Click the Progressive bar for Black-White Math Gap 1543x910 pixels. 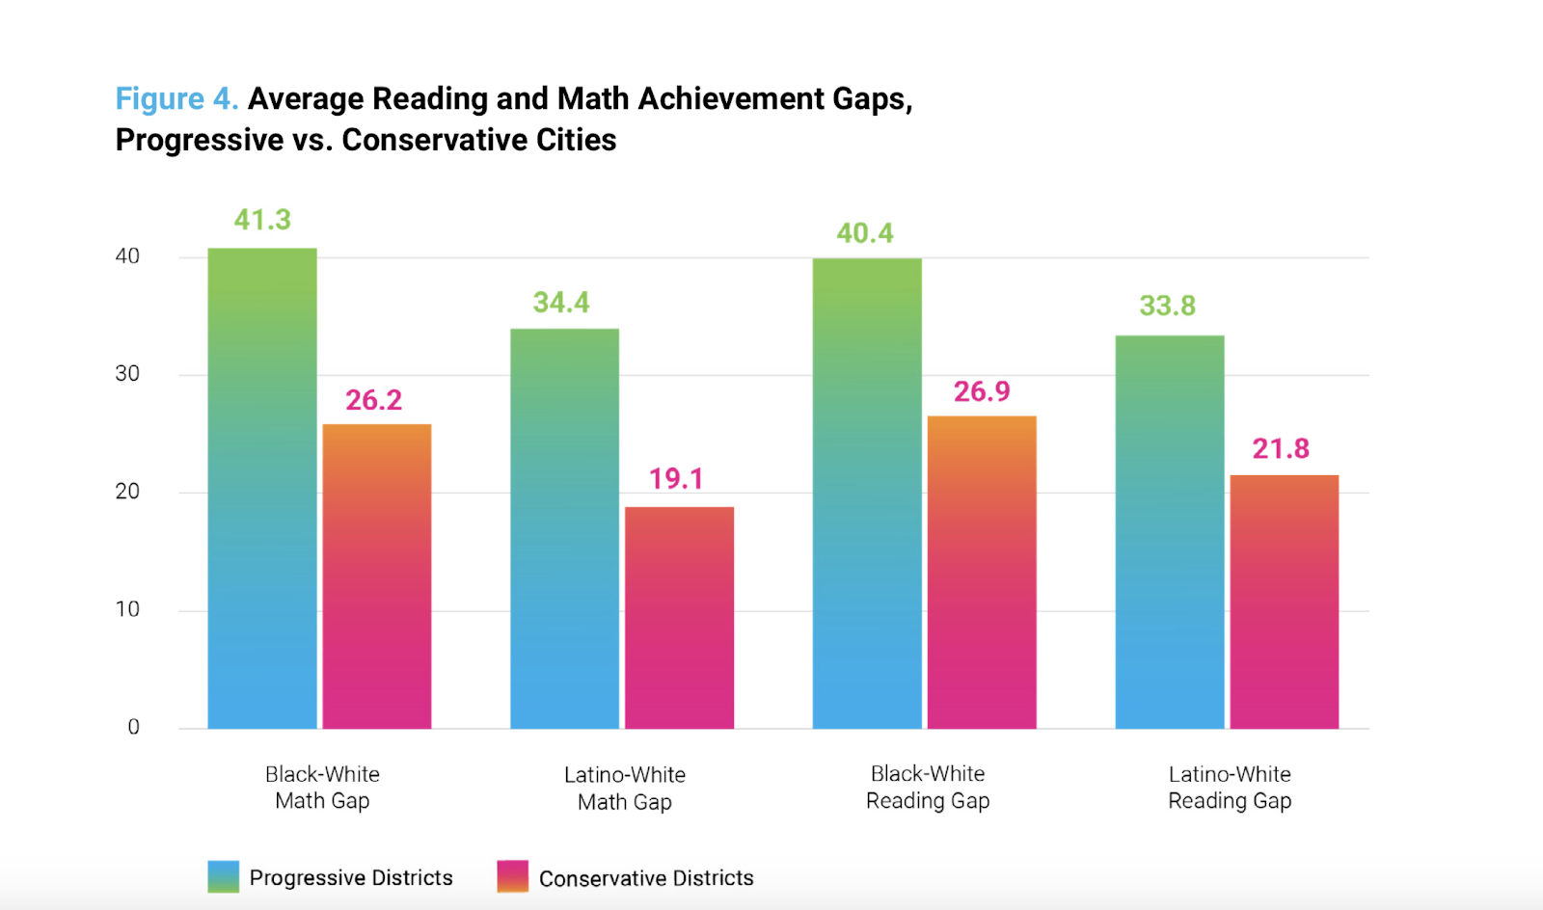[x=262, y=488]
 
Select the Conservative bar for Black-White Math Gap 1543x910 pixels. [x=376, y=575]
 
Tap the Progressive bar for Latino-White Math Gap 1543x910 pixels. [x=564, y=528]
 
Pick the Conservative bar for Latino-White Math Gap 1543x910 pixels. [x=679, y=617]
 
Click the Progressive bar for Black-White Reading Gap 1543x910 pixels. [x=867, y=493]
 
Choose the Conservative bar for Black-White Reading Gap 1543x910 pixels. [x=982, y=572]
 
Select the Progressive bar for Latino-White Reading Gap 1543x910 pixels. [x=1170, y=531]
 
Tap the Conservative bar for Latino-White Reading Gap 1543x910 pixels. [x=1284, y=602]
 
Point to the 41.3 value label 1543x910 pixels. [x=262, y=220]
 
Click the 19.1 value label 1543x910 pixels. [x=676, y=478]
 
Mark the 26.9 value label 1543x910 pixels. [x=982, y=391]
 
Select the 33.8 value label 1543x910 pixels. [x=1167, y=306]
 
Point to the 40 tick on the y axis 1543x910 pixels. [x=127, y=256]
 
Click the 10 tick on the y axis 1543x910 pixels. [x=127, y=609]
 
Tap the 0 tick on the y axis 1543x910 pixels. [x=133, y=727]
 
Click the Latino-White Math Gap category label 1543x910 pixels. [x=625, y=788]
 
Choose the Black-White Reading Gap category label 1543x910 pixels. [x=928, y=787]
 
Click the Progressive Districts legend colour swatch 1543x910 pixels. [x=223, y=876]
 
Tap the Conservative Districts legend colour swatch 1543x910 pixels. [x=512, y=876]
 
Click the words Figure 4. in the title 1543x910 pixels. [x=176, y=98]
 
